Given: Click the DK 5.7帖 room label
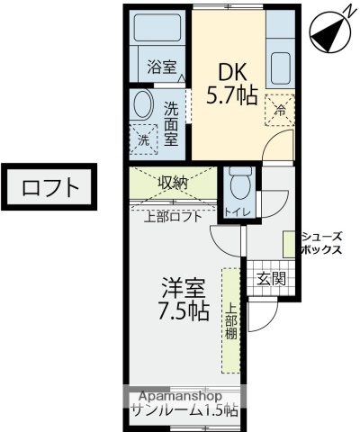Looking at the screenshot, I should [232, 83].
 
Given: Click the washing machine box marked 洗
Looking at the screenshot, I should [143, 139].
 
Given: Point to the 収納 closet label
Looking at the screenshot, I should [173, 182].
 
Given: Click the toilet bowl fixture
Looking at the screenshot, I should [239, 185].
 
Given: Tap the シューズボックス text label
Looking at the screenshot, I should [321, 243].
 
